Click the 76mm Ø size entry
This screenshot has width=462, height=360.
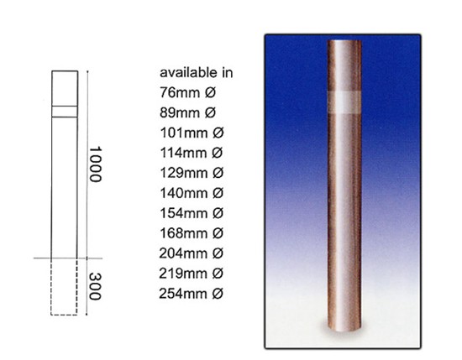[187, 92]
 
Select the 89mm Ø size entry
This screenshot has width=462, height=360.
[187, 112]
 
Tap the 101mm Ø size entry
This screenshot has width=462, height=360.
[192, 133]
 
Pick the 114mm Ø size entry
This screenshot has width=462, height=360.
[192, 153]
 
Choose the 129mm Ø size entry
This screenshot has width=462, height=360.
[192, 173]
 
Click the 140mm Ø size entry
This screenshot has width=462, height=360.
[192, 193]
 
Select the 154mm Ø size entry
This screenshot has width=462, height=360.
[192, 213]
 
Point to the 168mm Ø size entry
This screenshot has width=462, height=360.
[192, 233]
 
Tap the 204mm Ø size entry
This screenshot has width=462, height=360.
[192, 253]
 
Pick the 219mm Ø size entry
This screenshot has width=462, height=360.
[192, 274]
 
